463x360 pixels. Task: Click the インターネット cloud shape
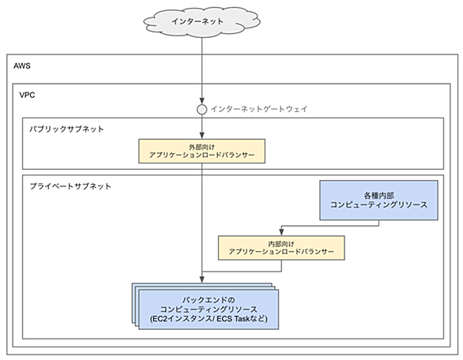pyautogui.click(x=201, y=22)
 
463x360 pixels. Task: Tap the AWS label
pyautogui.click(x=22, y=66)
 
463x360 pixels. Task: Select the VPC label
pyautogui.click(x=27, y=95)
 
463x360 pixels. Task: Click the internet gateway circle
pyautogui.click(x=201, y=110)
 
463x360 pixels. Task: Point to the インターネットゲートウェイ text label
pyautogui.click(x=259, y=109)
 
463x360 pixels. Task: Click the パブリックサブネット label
pyautogui.click(x=66, y=129)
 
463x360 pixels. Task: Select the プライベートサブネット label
pyautogui.click(x=70, y=186)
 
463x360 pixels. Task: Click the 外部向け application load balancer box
pyautogui.click(x=202, y=151)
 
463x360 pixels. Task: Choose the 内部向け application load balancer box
pyautogui.click(x=281, y=248)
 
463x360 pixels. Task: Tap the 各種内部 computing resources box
pyautogui.click(x=378, y=200)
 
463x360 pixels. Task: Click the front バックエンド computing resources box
pyautogui.click(x=209, y=309)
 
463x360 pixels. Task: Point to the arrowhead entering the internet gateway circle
pyautogui.click(x=201, y=101)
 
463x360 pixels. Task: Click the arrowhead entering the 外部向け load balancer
pyautogui.click(x=201, y=136)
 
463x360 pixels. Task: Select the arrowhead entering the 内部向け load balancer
pyautogui.click(x=281, y=232)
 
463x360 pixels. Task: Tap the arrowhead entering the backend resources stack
pyautogui.click(x=201, y=279)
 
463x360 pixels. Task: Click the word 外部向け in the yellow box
pyautogui.click(x=201, y=147)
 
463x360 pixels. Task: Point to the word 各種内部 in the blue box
pyautogui.click(x=378, y=195)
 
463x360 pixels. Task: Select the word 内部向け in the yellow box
pyautogui.click(x=281, y=244)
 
